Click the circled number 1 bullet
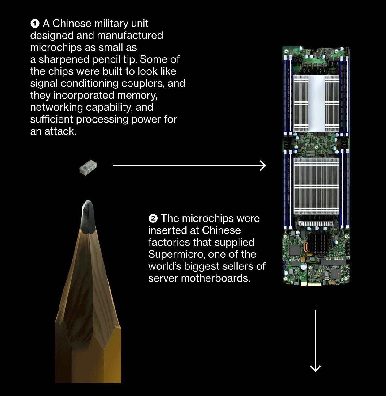pos(35,24)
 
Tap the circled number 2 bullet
pos(153,218)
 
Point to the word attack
pos(60,131)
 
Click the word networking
pos(57,107)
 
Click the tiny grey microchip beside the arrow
pos(88,167)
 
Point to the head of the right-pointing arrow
pos(263,166)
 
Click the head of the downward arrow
pos(315,368)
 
